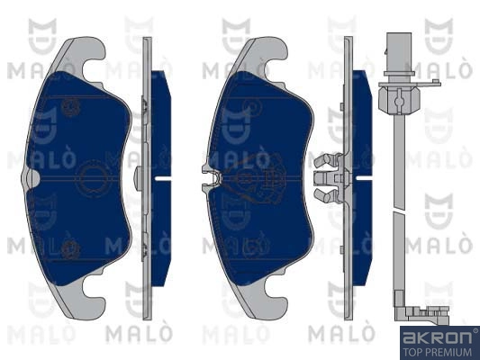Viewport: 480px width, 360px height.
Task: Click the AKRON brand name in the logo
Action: pos(438,337)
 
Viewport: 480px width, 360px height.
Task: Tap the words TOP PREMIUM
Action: pos(438,352)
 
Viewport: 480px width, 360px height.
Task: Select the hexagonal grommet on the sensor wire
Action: pos(398,98)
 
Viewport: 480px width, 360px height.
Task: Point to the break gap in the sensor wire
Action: pos(399,210)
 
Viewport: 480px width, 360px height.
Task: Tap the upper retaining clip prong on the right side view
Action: pos(326,159)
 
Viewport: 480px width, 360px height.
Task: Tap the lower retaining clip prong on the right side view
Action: pos(326,194)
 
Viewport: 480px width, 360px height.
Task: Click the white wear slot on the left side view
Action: pos(163,178)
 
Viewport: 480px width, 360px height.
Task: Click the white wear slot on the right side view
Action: pos(364,177)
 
